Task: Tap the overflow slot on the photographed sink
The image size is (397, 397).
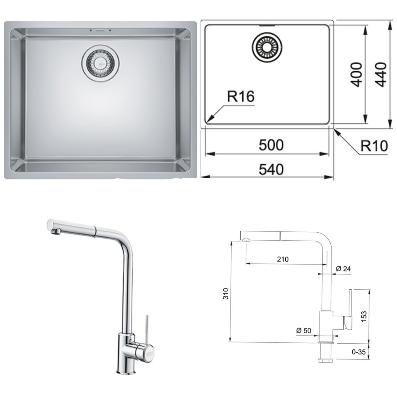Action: (x=99, y=31)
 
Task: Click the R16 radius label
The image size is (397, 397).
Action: (x=241, y=96)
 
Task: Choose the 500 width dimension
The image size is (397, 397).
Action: (x=271, y=145)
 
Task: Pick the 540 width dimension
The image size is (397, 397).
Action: (x=271, y=169)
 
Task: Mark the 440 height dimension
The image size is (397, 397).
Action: (x=380, y=75)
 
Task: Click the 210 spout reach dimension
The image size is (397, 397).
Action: (x=283, y=259)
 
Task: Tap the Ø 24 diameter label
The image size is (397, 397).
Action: (x=343, y=269)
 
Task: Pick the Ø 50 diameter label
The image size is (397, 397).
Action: (x=303, y=331)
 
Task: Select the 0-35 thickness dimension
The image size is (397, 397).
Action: (x=359, y=352)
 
